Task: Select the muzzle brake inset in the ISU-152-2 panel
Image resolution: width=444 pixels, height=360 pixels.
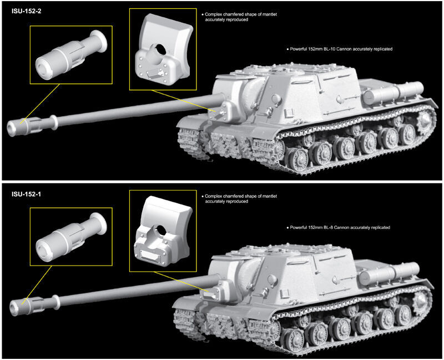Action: [70, 54]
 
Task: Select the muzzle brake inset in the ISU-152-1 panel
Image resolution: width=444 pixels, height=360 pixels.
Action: [70, 237]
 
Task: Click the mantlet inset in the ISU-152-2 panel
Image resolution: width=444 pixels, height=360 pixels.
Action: [163, 49]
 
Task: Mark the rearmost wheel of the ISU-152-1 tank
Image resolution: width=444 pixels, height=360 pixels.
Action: [420, 301]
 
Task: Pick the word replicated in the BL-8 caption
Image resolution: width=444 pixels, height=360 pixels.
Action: [380, 228]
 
